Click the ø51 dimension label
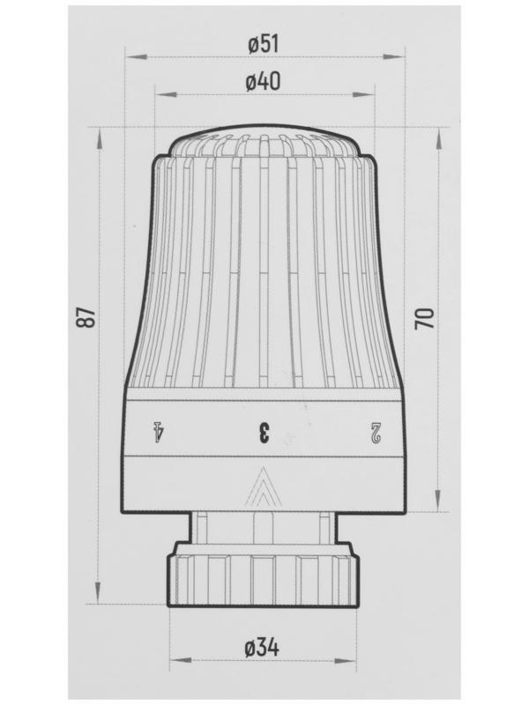(x=264, y=45)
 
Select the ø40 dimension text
(x=264, y=81)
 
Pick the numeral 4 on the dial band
(x=160, y=432)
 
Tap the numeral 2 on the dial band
(x=376, y=432)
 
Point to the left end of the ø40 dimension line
(x=155, y=93)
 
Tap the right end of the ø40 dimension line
(x=374, y=93)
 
